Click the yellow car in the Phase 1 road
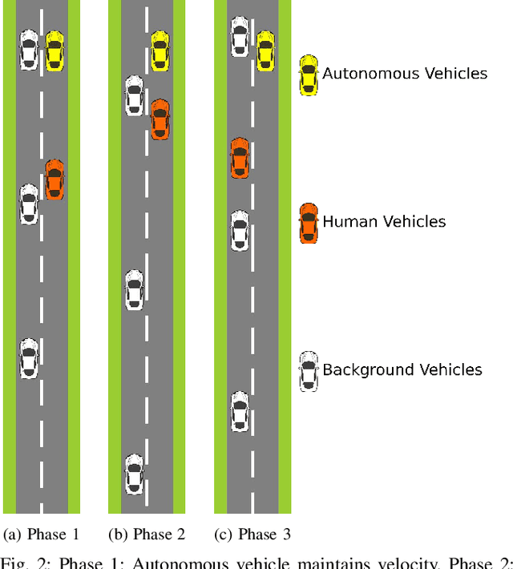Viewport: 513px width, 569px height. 54,50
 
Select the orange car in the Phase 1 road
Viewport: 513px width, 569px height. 54,180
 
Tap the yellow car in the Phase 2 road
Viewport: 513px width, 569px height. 160,50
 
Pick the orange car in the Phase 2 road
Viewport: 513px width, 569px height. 160,119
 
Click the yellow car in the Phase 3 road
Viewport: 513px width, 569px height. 265,50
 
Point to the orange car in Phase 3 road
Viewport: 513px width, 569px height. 240,158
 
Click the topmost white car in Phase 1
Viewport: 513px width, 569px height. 29,50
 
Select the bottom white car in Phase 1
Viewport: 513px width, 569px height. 29,358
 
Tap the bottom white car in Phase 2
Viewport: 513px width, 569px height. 135,474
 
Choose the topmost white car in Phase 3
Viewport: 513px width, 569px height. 240,37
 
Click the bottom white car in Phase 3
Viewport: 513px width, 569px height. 240,412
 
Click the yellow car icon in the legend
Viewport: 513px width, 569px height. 308,75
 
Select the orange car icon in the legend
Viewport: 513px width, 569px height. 308,223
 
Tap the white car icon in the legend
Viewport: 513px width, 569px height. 308,371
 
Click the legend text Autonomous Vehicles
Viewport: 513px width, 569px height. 405,74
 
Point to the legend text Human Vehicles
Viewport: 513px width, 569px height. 384,222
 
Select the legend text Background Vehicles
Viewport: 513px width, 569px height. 402,369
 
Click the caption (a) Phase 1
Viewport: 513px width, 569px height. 42,535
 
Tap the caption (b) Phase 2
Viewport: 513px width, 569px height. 147,535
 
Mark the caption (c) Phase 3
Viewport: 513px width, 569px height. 252,535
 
